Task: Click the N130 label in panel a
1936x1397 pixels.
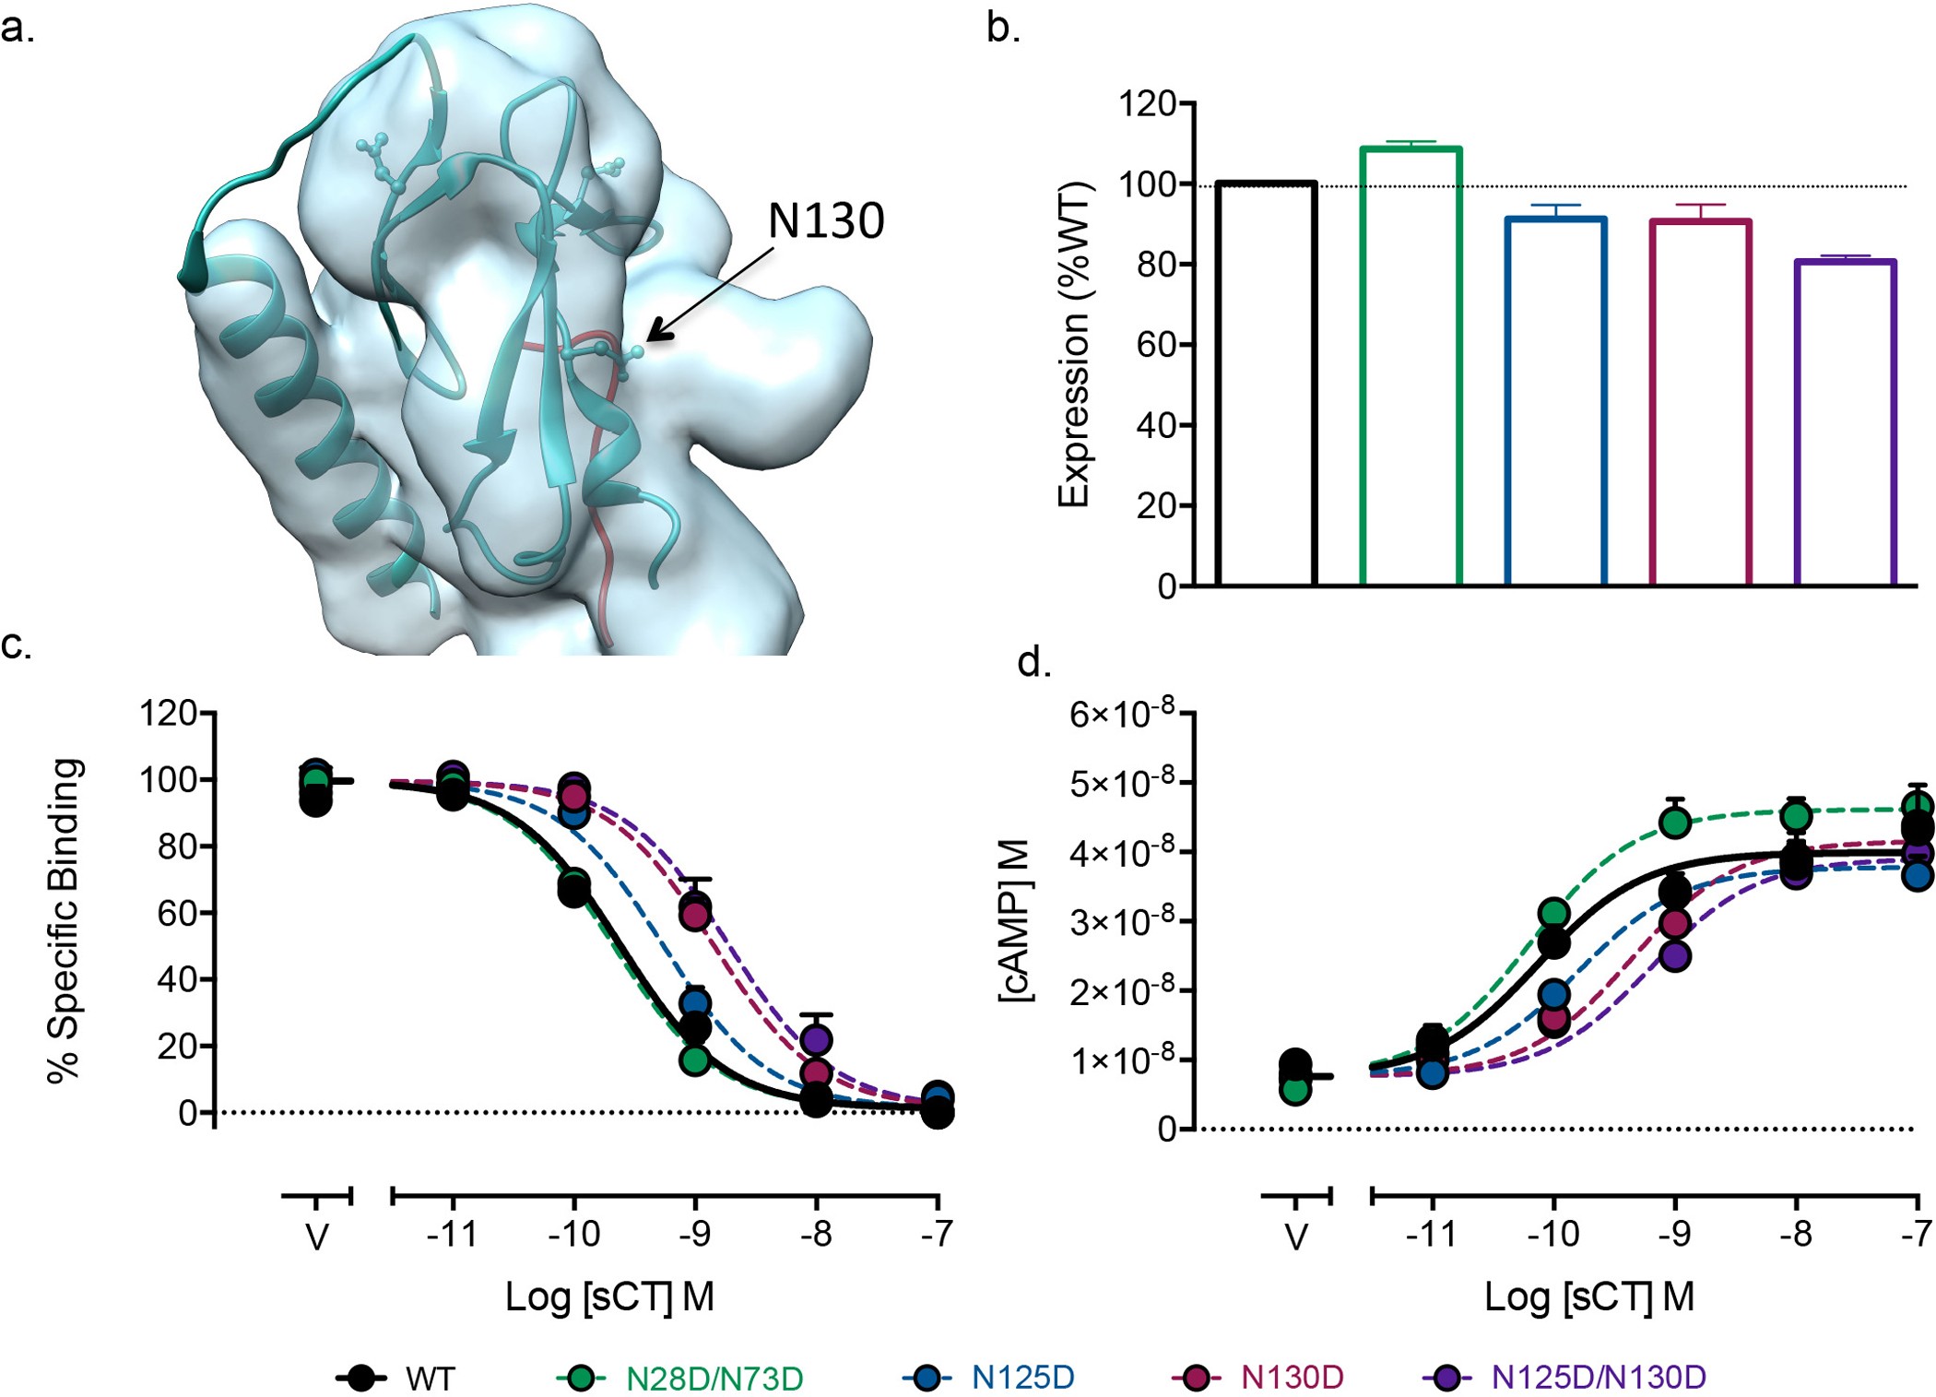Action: (x=825, y=221)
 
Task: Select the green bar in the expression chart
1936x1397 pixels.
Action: (x=1411, y=369)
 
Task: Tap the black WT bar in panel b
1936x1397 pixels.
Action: (x=1266, y=387)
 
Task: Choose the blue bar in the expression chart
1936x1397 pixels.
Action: (x=1555, y=401)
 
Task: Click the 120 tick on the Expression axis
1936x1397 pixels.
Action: (x=1147, y=103)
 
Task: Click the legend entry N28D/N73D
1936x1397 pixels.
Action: (x=714, y=1379)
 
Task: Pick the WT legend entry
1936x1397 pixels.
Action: (x=430, y=1379)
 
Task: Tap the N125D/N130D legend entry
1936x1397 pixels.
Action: (x=1599, y=1378)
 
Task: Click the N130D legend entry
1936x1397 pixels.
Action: (x=1292, y=1378)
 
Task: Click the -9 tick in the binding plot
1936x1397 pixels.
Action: (x=695, y=1234)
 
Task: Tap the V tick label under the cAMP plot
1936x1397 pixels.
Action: (x=1295, y=1237)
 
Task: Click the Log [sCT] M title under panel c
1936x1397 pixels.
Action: (x=609, y=1296)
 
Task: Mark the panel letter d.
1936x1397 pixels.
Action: (x=1033, y=662)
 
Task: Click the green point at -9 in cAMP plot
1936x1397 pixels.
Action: (x=1675, y=822)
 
